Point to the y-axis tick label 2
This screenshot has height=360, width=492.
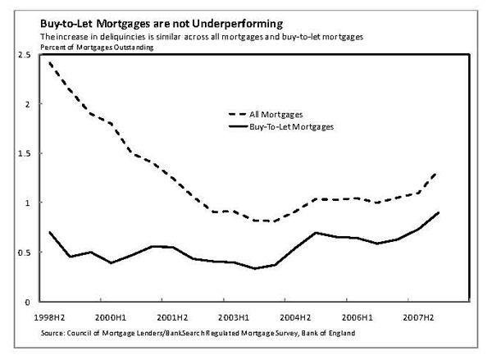point(26,104)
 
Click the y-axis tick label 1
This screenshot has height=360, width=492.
point(26,203)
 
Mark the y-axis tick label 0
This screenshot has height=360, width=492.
point(26,302)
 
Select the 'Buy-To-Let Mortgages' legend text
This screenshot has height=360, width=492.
point(300,127)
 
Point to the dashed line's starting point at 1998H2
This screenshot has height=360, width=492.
point(50,63)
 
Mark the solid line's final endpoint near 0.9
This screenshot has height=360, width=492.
point(439,212)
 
